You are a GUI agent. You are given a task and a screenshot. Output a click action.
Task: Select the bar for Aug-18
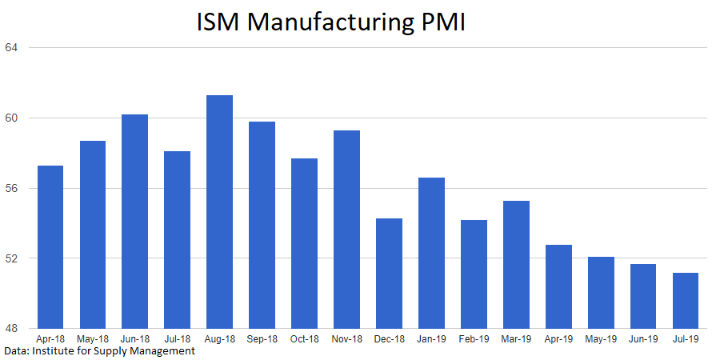219,212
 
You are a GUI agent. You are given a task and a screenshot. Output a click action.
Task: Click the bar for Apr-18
50,247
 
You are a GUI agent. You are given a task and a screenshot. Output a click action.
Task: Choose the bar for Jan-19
431,253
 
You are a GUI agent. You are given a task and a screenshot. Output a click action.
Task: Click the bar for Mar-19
516,265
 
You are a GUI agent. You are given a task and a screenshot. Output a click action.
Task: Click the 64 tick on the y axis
11,48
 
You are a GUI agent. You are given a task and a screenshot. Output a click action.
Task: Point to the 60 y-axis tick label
11,118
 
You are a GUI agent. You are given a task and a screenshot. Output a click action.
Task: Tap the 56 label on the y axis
11,189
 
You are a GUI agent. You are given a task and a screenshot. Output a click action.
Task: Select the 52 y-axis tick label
11,258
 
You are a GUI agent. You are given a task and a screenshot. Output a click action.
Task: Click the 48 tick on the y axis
11,329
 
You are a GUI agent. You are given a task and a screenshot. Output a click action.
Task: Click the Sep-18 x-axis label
262,339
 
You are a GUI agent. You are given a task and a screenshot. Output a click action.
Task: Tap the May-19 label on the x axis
600,339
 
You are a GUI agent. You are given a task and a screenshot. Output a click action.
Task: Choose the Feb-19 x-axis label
474,339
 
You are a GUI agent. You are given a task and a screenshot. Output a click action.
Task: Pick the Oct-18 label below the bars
304,339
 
